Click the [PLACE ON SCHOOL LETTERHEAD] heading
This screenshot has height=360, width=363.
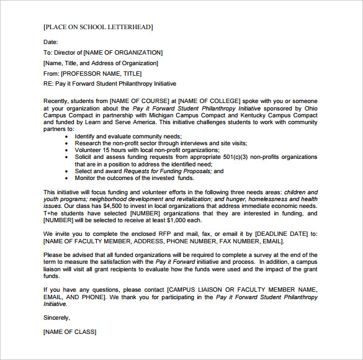pos(98,27)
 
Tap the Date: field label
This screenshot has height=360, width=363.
pos(50,42)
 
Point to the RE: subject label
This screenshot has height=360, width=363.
pos(49,84)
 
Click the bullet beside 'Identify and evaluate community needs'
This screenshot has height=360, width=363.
pos(66,136)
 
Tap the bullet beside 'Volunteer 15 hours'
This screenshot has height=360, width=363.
pos(66,150)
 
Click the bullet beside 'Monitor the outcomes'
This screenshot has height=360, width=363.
pos(66,178)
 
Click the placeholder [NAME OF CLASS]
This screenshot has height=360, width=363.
pos(69,332)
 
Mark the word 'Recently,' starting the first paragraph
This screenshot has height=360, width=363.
pos(56,101)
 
